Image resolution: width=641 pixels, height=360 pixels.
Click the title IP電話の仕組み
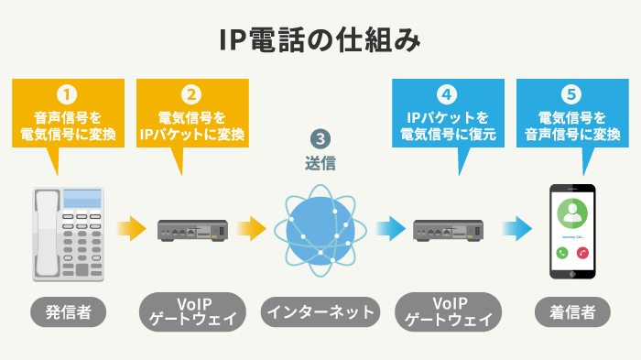coord(320,39)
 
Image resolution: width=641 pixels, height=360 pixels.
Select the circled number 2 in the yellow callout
coord(191,93)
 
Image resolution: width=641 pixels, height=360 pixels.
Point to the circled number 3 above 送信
coord(320,139)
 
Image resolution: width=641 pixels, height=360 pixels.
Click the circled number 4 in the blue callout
coord(447,93)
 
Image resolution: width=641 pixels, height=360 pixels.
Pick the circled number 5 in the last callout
coord(572,93)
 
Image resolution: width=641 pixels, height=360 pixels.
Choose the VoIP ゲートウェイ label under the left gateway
coord(192,311)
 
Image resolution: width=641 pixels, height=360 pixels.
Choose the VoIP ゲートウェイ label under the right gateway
coord(448,311)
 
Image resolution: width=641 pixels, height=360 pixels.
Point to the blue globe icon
coord(320,226)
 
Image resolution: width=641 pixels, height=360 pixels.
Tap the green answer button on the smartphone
coord(561,251)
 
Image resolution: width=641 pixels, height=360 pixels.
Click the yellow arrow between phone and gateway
coord(130,227)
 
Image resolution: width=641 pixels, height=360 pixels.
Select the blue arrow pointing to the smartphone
coord(517,227)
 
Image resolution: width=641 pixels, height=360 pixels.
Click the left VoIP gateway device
coord(192,230)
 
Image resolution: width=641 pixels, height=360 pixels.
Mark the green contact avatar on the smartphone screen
coord(572,212)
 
